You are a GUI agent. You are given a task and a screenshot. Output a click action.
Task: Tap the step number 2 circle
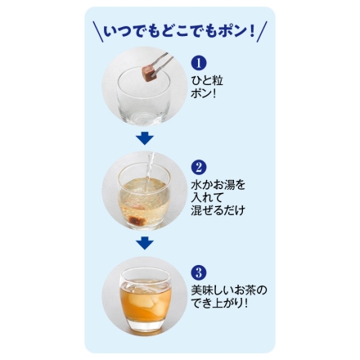[x=197, y=167]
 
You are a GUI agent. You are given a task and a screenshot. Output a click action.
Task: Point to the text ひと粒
[x=206, y=80]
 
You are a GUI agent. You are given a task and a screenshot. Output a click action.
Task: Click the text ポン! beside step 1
[x=204, y=93]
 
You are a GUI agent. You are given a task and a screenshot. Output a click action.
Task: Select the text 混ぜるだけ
[x=217, y=210]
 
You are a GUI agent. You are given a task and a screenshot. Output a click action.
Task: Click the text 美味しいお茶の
[x=228, y=290]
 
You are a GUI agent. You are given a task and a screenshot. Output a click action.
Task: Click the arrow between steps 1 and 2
[x=145, y=139]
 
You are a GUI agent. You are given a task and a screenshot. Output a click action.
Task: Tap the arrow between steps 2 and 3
[x=145, y=243]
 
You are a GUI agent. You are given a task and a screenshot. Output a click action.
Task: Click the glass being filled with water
[x=144, y=199]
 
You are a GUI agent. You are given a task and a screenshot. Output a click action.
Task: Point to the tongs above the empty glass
[x=157, y=65]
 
